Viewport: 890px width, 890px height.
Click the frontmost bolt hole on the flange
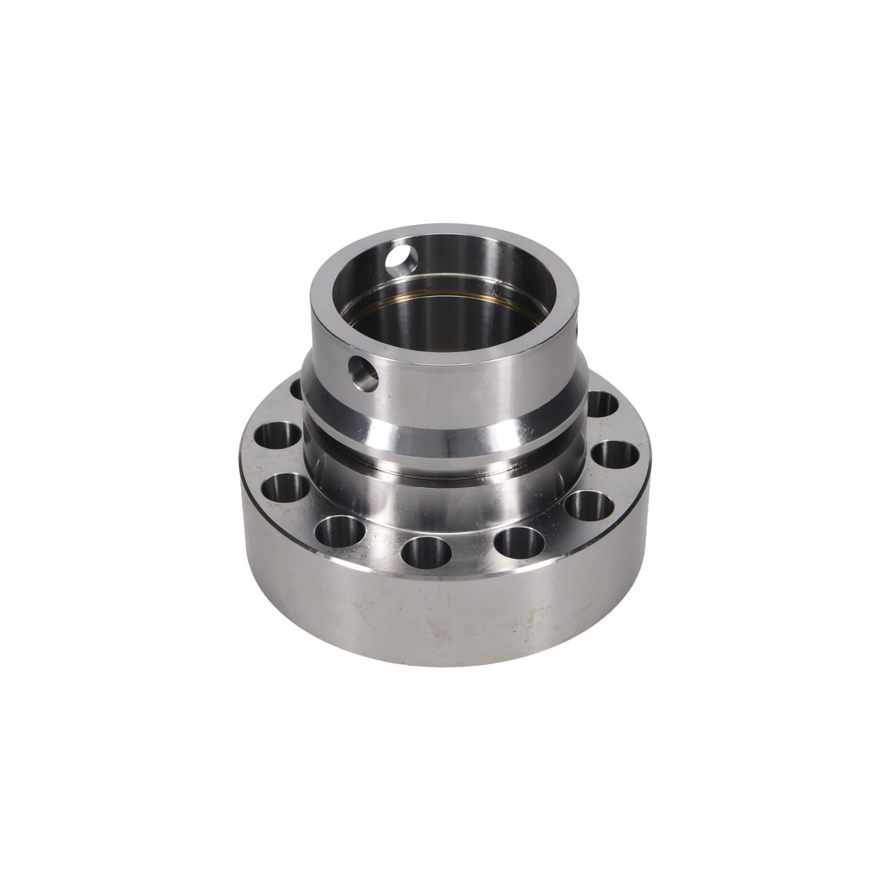[426, 550]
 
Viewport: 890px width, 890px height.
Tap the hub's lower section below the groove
[442, 493]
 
